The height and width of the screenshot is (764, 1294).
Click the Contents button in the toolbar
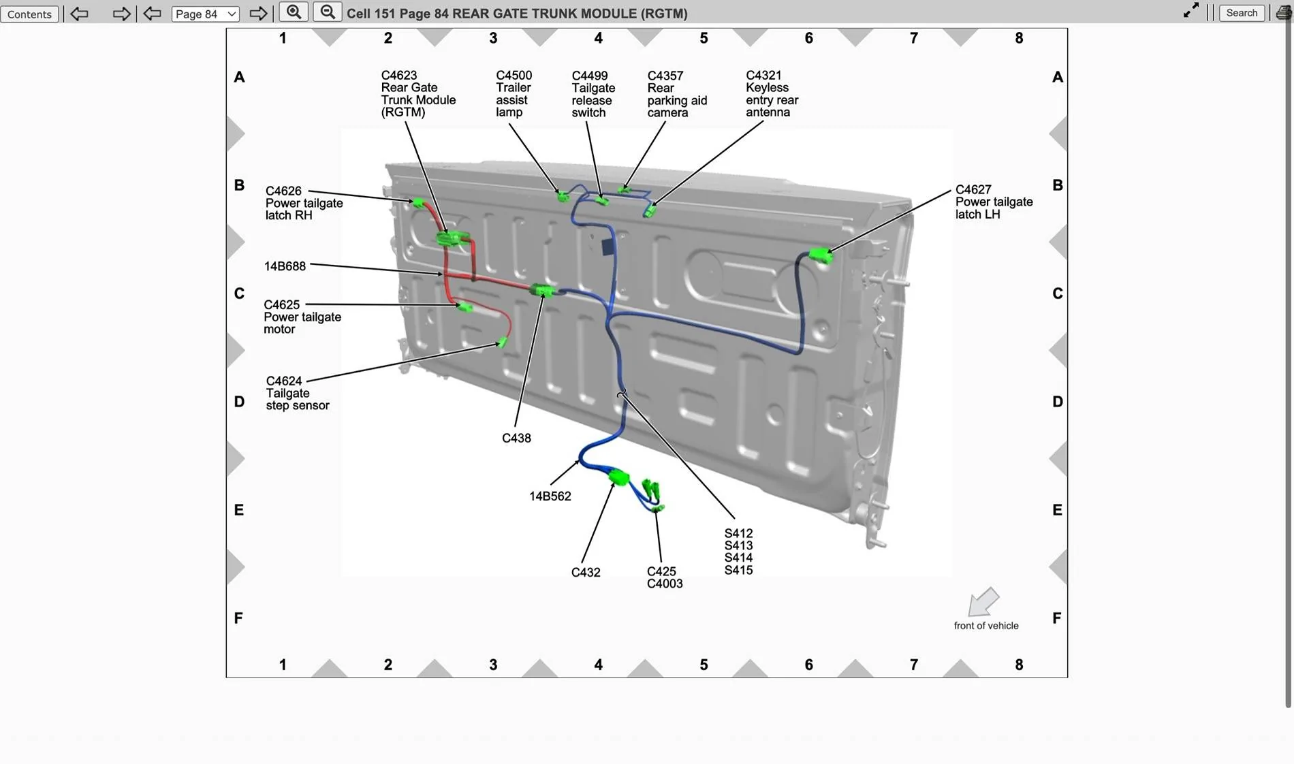pos(29,14)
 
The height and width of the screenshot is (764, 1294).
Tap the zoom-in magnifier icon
pos(294,12)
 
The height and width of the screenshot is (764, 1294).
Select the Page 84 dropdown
pos(205,14)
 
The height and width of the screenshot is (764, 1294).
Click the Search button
pos(1241,13)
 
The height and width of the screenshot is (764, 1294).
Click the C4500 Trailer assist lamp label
pos(514,93)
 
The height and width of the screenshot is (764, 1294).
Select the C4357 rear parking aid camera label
pos(676,94)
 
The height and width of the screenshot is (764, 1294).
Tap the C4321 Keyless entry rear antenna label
pos(771,93)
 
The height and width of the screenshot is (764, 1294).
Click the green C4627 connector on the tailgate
pos(821,255)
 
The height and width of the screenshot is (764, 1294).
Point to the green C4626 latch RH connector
pos(418,203)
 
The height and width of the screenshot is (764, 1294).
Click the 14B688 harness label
pos(285,266)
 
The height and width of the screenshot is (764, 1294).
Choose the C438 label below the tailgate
pos(516,439)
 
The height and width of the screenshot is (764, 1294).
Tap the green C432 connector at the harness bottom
pos(618,477)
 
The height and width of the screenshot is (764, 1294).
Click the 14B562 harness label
pos(550,496)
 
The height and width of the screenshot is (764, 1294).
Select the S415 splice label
pos(738,571)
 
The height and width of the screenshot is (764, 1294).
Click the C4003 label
pos(664,584)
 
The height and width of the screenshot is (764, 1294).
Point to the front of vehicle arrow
pos(983,602)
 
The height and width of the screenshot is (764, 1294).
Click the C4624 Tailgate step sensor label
pos(297,393)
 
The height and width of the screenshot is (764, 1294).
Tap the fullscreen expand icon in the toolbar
pos(1190,10)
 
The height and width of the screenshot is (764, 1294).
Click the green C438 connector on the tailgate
pos(543,291)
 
